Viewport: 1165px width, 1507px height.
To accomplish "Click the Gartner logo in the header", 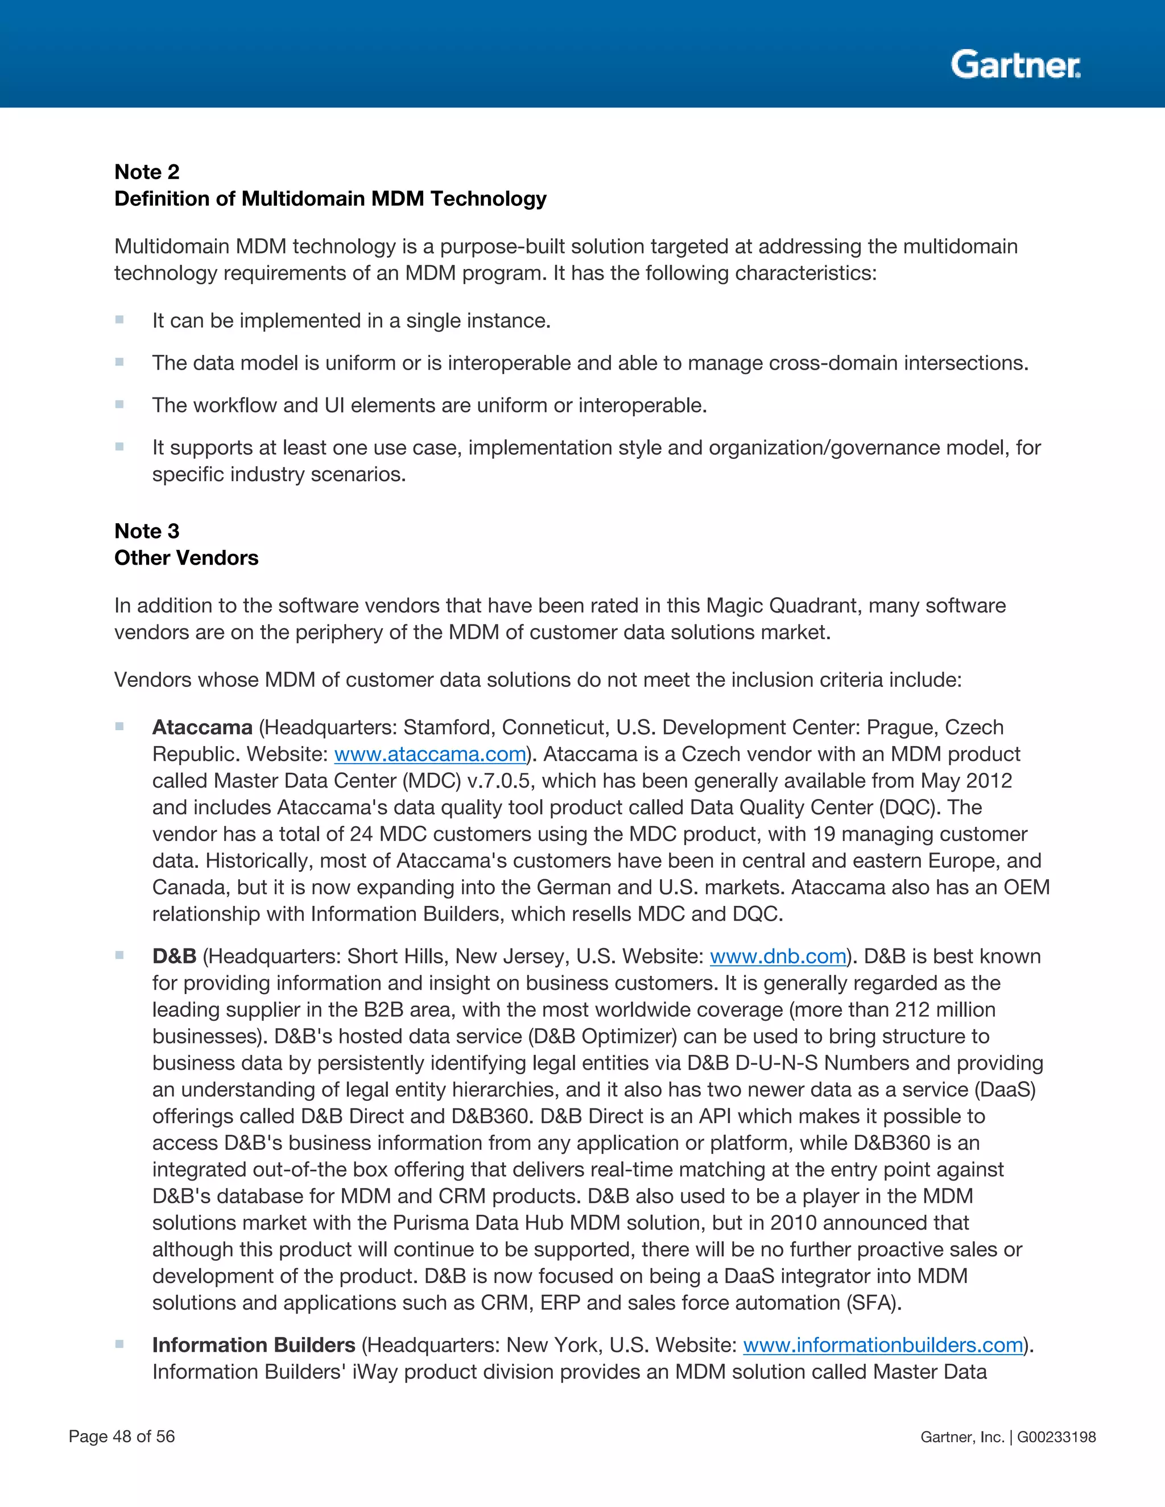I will (x=1015, y=65).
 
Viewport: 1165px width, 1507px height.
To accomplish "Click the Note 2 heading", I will (x=146, y=172).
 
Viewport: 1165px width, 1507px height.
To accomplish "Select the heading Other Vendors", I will (x=187, y=557).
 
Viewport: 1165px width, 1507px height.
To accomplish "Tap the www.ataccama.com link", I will (x=430, y=754).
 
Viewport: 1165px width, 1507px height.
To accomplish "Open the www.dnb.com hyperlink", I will (x=778, y=957).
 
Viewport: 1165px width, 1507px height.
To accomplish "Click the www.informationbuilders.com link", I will (x=883, y=1345).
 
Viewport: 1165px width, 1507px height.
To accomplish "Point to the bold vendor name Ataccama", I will (x=202, y=727).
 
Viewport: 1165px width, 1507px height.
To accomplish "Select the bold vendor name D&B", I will (x=174, y=957).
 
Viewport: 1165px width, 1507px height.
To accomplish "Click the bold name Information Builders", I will (x=253, y=1345).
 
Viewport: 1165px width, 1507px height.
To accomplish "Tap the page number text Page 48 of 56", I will (x=122, y=1436).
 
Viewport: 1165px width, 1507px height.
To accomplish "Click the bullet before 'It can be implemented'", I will (x=119, y=320).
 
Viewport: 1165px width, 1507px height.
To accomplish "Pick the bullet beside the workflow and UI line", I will (x=119, y=404).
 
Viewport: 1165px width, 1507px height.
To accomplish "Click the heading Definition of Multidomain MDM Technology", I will (x=330, y=198).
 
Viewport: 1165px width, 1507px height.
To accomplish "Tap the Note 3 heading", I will (x=146, y=531).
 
